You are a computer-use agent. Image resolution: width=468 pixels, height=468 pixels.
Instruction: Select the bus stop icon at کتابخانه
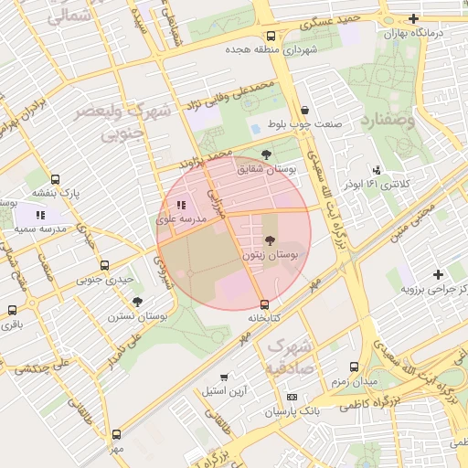264,303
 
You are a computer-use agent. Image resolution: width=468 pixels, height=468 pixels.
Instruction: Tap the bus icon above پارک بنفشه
56,179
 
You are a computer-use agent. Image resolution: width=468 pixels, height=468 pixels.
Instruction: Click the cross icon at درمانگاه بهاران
413,18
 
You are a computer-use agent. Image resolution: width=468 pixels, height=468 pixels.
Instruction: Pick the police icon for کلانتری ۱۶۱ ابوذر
377,169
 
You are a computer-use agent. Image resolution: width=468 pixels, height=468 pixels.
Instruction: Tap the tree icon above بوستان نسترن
137,301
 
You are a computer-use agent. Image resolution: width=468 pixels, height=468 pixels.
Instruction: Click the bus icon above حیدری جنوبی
104,266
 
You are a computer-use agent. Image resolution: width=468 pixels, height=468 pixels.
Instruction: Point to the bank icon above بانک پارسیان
292,397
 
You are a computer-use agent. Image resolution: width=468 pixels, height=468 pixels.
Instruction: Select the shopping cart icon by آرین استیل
224,377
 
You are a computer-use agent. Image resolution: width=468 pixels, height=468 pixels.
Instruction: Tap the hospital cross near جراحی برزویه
439,274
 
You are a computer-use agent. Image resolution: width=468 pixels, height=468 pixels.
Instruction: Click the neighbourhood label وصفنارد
388,120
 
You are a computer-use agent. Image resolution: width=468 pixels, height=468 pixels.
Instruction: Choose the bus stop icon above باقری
12,310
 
